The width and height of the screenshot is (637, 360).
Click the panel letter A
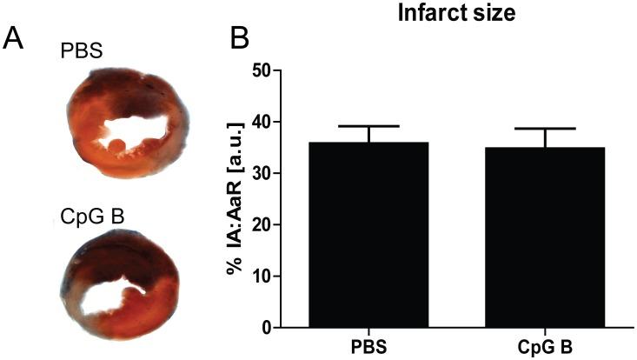tap(16, 39)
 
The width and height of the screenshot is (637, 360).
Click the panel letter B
tap(241, 39)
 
